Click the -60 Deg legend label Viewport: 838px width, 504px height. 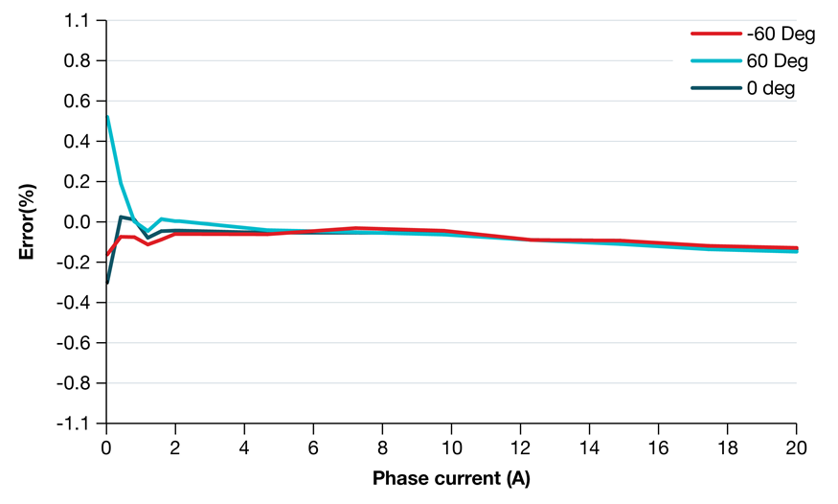[781, 34]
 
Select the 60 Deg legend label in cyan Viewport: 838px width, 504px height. [777, 61]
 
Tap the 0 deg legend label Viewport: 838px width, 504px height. [771, 88]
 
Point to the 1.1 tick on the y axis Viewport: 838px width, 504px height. [78, 20]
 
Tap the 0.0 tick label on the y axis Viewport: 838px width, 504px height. [78, 222]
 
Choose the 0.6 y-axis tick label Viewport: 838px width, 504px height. [78, 101]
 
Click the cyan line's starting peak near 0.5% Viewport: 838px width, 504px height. [107, 117]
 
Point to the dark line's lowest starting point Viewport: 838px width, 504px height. [107, 283]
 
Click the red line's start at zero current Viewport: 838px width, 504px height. [107, 256]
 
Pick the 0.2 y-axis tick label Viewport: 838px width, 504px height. [78, 182]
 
